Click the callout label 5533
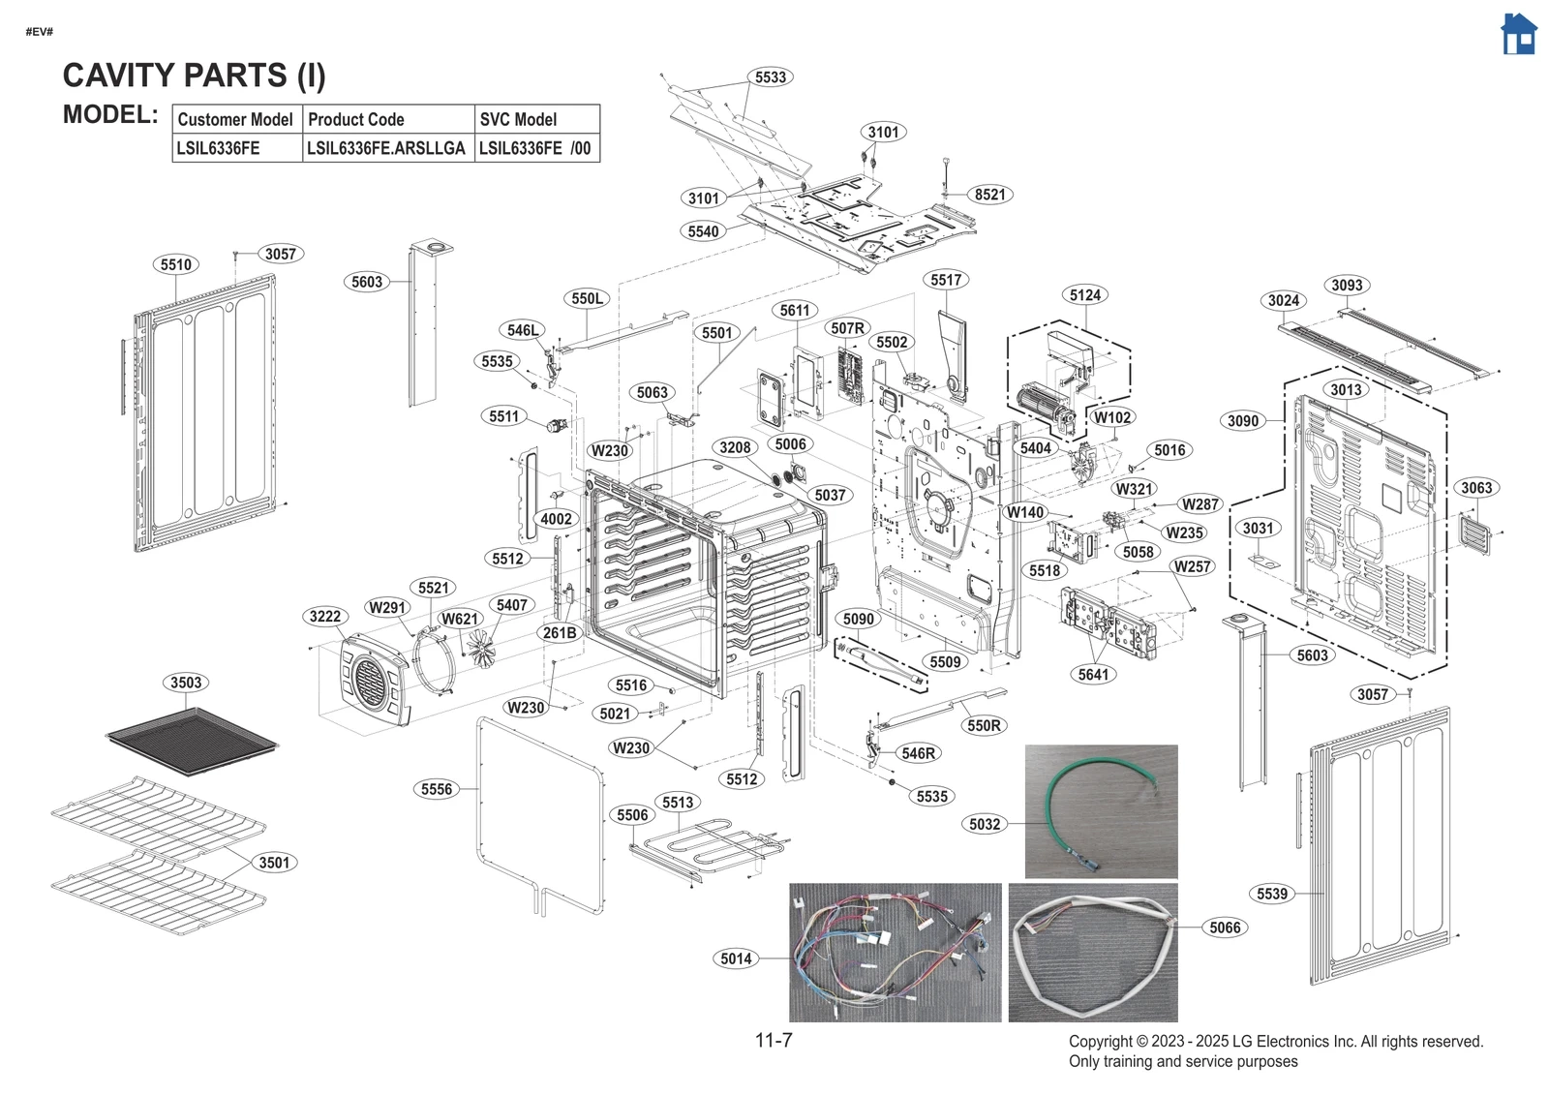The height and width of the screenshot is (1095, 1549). pyautogui.click(x=771, y=77)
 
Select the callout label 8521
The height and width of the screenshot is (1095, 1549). pyautogui.click(x=989, y=195)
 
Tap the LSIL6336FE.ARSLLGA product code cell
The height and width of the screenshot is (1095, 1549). pyautogui.click(x=385, y=148)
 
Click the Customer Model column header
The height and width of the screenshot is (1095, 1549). pyautogui.click(x=235, y=120)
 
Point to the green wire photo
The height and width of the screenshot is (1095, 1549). pyautogui.click(x=1101, y=810)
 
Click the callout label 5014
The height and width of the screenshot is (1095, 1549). pyautogui.click(x=736, y=958)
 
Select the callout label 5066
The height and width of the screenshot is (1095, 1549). pyautogui.click(x=1225, y=928)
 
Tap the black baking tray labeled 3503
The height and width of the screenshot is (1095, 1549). pyautogui.click(x=192, y=741)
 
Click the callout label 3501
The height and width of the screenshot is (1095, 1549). pyautogui.click(x=274, y=863)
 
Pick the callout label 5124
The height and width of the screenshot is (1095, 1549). pyautogui.click(x=1084, y=295)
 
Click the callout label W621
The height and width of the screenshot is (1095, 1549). pyautogui.click(x=460, y=619)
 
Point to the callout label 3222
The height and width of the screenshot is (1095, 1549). pyautogui.click(x=325, y=617)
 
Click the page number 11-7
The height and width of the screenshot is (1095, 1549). pyautogui.click(x=774, y=1041)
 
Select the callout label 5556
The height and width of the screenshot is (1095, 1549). pyautogui.click(x=437, y=789)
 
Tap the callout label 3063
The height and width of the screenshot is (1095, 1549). pyautogui.click(x=1476, y=488)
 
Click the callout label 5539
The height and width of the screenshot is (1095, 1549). pyautogui.click(x=1272, y=894)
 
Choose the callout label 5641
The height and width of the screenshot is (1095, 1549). pyautogui.click(x=1093, y=675)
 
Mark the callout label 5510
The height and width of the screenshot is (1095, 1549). pyautogui.click(x=176, y=265)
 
